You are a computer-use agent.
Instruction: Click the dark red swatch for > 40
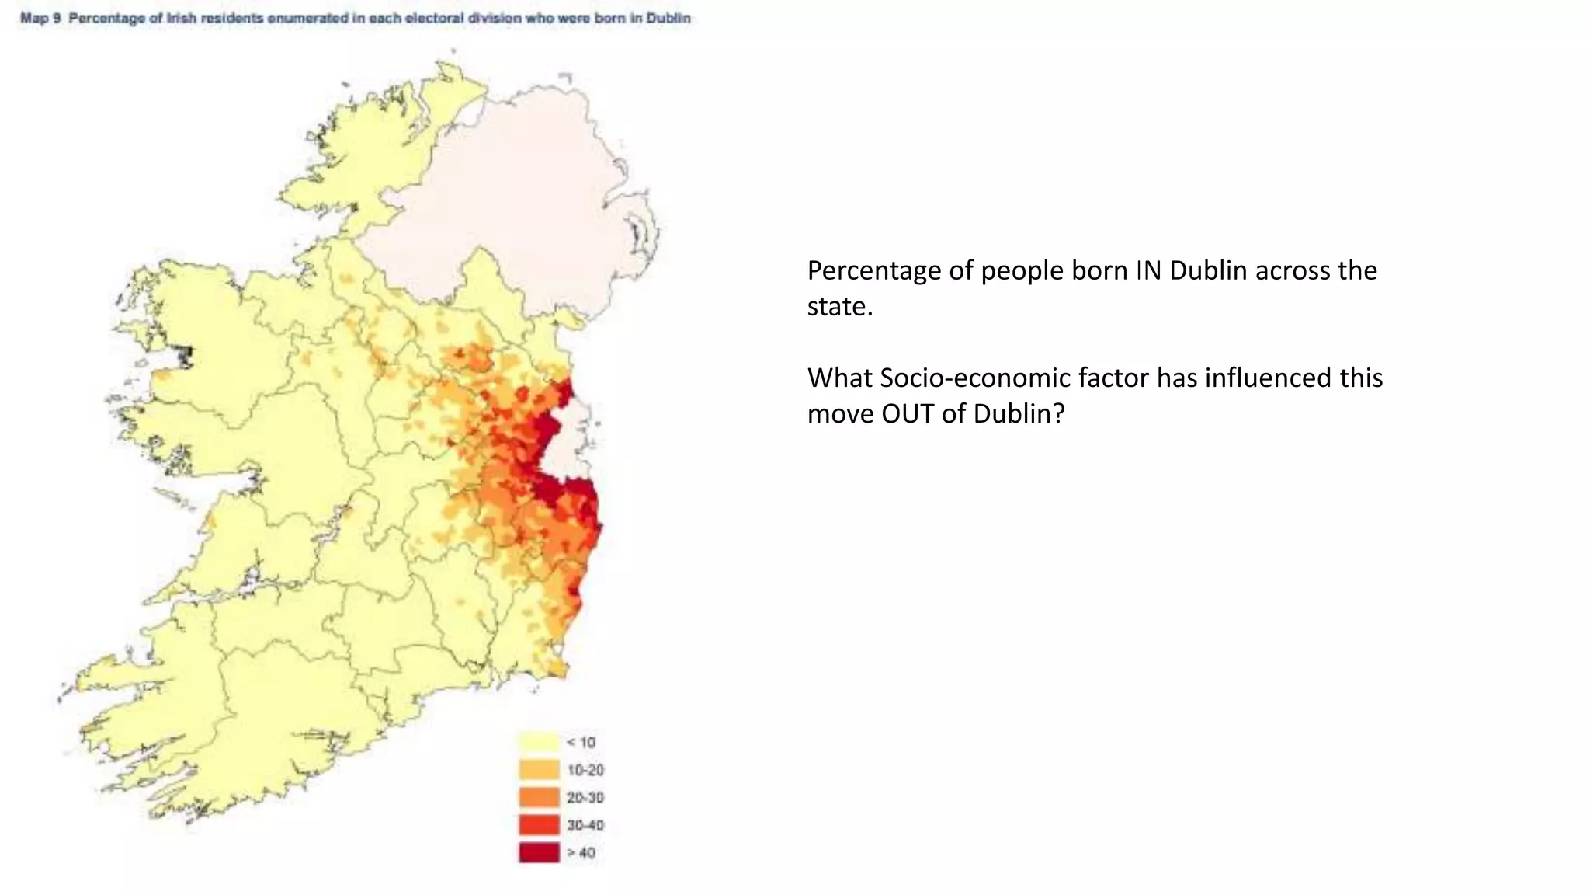tap(539, 852)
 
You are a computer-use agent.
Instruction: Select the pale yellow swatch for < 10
tap(539, 742)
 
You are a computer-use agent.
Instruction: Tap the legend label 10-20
tap(585, 770)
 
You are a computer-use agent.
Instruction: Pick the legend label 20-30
tap(585, 798)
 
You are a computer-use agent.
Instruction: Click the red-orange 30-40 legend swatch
tap(539, 825)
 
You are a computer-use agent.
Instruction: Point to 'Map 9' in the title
tap(40, 18)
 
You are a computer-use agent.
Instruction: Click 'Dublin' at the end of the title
tap(668, 18)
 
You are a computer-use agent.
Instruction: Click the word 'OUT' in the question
tap(908, 413)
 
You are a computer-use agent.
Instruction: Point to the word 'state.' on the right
tap(840, 307)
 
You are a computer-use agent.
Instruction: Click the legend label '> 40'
tap(581, 853)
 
